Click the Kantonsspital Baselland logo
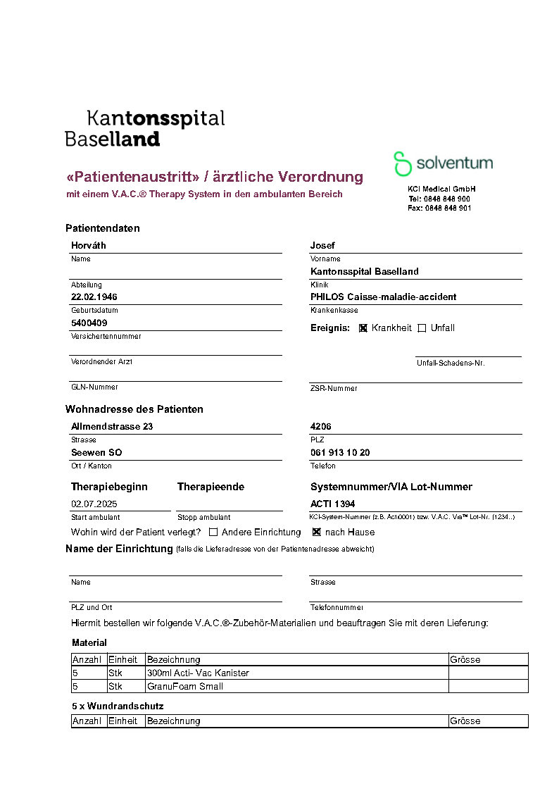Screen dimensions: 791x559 (x=144, y=127)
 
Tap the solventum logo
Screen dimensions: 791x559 (x=443, y=163)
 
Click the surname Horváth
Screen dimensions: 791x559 (x=89, y=246)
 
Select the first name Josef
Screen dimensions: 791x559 (x=322, y=246)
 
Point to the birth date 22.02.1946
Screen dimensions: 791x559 (x=94, y=297)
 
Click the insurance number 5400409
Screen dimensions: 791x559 (x=89, y=323)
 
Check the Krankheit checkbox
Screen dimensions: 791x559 (x=363, y=328)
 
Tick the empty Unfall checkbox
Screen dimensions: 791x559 (x=422, y=328)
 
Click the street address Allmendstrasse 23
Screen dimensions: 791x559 (x=112, y=427)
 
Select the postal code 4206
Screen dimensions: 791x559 (x=321, y=427)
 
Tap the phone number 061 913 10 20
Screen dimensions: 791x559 (x=340, y=453)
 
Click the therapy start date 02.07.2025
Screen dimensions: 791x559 (x=94, y=504)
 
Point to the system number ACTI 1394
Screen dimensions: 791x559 (x=333, y=504)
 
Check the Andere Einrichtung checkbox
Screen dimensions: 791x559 (x=213, y=532)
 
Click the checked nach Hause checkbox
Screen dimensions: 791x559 (x=317, y=532)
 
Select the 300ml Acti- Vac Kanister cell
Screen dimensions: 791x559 (x=198, y=673)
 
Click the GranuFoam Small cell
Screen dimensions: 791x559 (x=185, y=687)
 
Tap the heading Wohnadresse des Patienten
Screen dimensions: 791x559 (x=134, y=409)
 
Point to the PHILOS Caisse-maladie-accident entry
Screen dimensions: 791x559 (x=383, y=297)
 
